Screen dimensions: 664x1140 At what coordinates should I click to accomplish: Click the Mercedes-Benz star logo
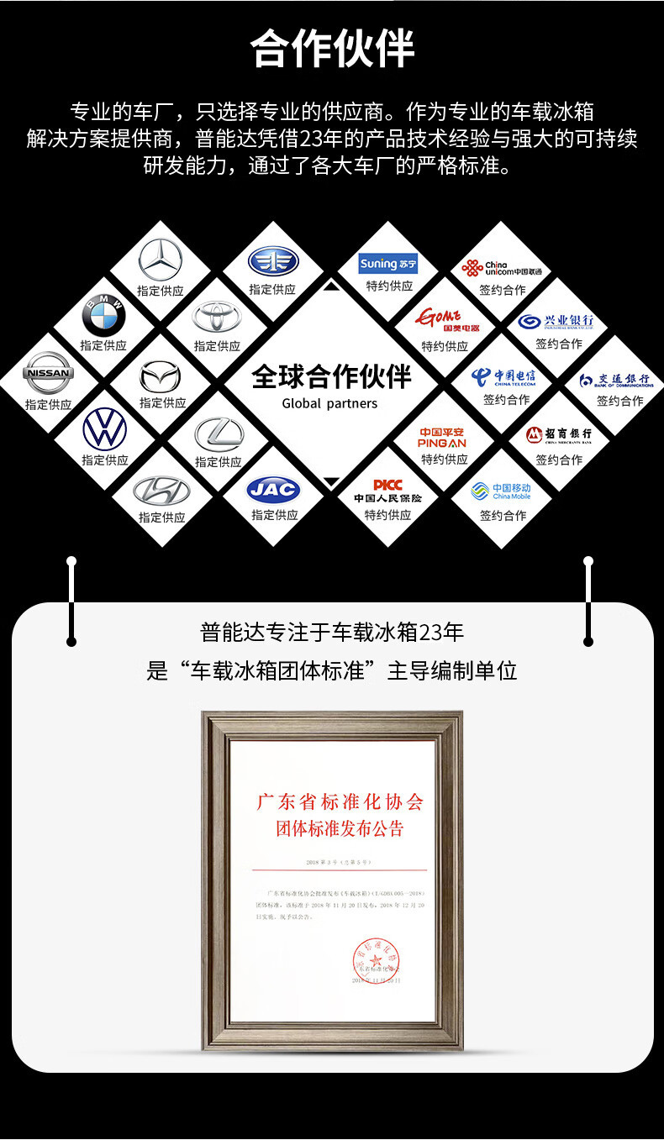tap(160, 260)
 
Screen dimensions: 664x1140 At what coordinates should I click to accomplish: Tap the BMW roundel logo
tap(103, 317)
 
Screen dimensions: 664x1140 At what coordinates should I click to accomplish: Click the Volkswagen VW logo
tap(105, 429)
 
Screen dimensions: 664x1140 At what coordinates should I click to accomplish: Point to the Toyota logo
tap(217, 317)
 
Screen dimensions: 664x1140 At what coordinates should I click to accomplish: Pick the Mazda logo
tap(160, 375)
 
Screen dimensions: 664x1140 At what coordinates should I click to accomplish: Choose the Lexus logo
tap(219, 433)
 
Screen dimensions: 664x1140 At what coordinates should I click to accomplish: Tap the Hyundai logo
tap(161, 490)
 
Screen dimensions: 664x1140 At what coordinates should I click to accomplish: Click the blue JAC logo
tap(273, 488)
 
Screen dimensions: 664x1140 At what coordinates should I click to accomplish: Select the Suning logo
tap(388, 264)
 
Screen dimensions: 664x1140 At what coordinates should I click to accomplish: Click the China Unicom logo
tap(502, 268)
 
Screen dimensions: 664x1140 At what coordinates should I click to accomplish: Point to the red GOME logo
tap(445, 320)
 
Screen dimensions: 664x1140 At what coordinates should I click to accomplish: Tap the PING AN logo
tap(443, 437)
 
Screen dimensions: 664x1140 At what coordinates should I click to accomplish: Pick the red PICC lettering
tap(387, 485)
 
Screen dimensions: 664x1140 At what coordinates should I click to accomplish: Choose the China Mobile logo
tap(502, 491)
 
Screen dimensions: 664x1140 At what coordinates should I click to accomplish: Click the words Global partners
tap(329, 403)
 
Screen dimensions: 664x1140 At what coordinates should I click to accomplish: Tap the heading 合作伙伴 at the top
tap(332, 49)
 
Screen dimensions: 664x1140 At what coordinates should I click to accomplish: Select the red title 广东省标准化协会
tap(340, 801)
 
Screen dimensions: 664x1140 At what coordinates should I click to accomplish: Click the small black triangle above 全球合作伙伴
tap(331, 286)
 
